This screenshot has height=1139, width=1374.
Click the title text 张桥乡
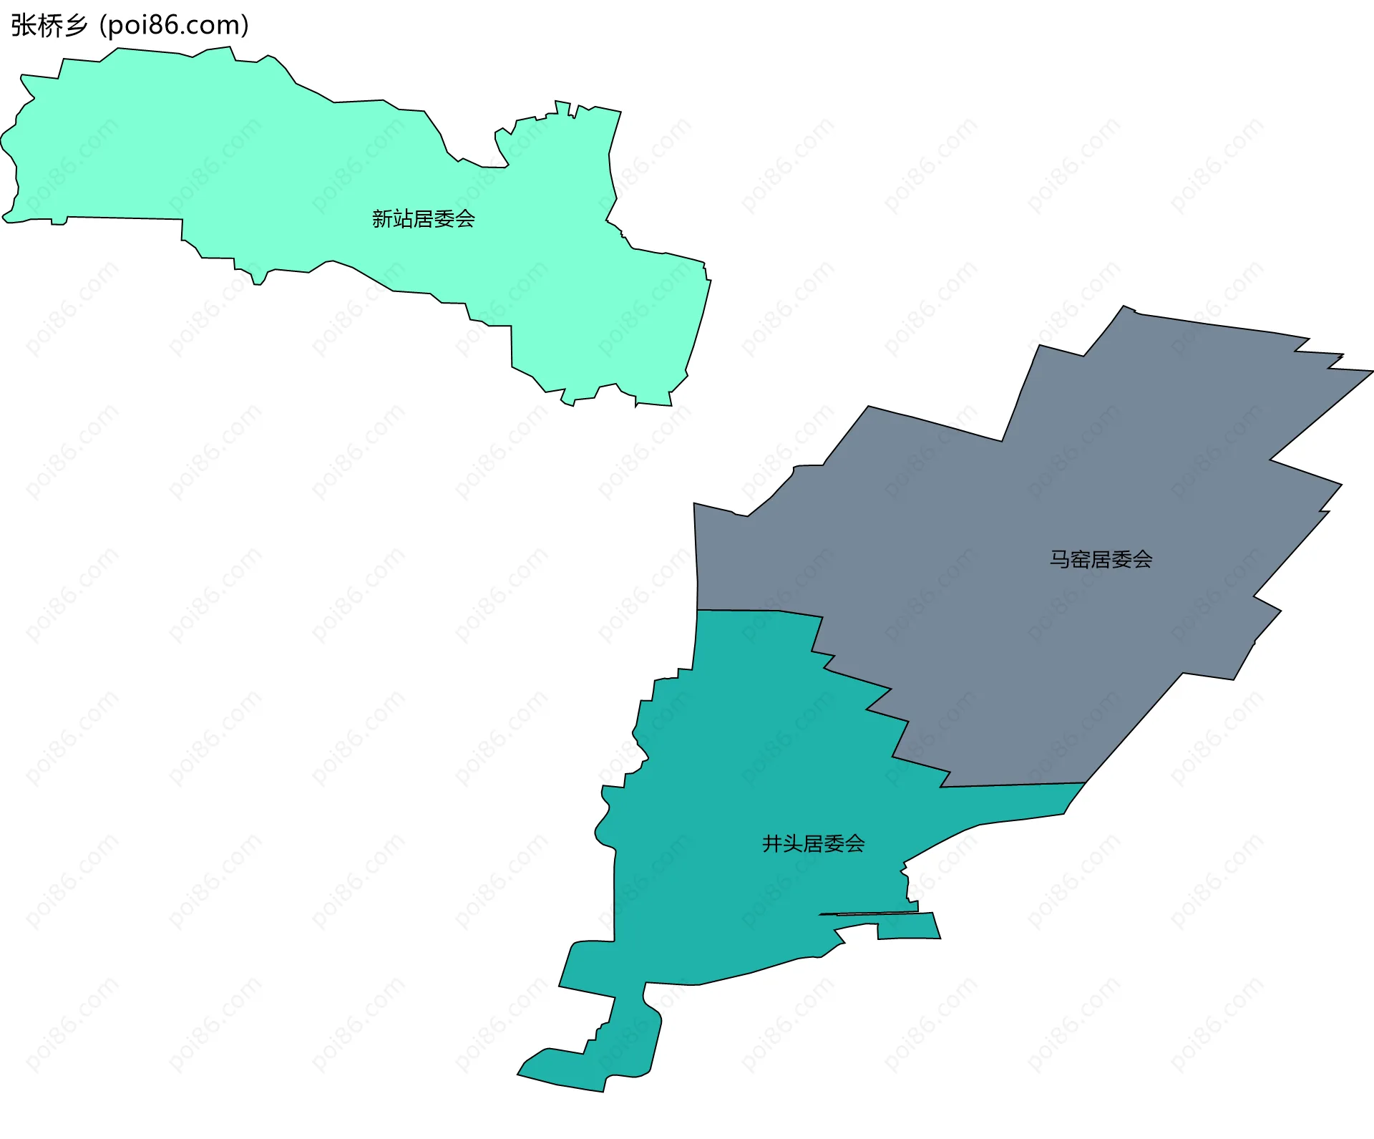(49, 26)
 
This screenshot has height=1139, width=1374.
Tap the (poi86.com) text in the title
(174, 26)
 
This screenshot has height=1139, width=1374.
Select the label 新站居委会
(423, 219)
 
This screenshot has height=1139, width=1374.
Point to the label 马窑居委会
(1101, 559)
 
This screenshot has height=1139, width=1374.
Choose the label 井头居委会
(813, 844)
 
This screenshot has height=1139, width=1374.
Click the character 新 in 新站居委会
(382, 219)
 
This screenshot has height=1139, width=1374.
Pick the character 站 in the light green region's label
(403, 219)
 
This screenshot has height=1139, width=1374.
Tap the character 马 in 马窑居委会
(1060, 559)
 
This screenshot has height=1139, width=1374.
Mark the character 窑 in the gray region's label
(1081, 559)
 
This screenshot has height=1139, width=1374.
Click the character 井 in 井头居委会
(772, 844)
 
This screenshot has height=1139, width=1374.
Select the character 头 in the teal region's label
(793, 844)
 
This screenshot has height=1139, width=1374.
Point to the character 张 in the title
(23, 26)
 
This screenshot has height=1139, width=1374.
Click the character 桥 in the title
(49, 26)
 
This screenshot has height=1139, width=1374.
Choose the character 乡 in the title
(74, 26)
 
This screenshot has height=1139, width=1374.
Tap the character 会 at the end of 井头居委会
(854, 844)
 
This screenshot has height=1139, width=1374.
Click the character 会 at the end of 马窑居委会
(1142, 559)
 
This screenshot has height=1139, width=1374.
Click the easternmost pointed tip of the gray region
(1371, 372)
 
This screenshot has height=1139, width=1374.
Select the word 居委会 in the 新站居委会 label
(444, 219)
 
